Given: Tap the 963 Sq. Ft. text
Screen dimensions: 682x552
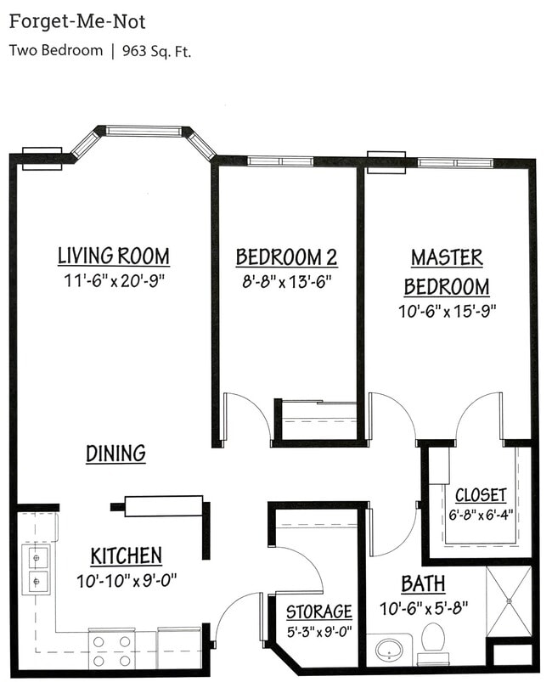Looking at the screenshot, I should point(157,50).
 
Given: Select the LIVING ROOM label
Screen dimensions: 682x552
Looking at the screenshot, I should point(113,256).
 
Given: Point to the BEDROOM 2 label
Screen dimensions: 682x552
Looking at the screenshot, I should point(280,256).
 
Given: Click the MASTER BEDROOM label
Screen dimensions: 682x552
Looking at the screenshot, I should point(447,271).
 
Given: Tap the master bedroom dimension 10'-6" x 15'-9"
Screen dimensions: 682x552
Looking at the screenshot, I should point(447,310).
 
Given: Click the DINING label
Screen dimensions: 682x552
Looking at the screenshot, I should point(115,454).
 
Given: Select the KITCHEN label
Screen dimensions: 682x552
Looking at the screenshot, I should point(126,556).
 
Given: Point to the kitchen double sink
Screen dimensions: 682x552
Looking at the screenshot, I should point(37,570).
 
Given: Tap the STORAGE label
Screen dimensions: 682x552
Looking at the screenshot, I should point(318,612).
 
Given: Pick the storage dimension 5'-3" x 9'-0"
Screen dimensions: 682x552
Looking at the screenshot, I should point(318,631).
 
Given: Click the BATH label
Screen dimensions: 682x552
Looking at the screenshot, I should point(422,584).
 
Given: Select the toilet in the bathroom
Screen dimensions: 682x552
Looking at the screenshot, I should point(434,641).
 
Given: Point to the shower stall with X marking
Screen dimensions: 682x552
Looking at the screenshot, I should point(508,601).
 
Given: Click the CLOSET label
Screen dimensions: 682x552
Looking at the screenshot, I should point(481,494).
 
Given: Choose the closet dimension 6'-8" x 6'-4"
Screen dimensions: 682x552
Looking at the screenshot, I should point(481,514).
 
